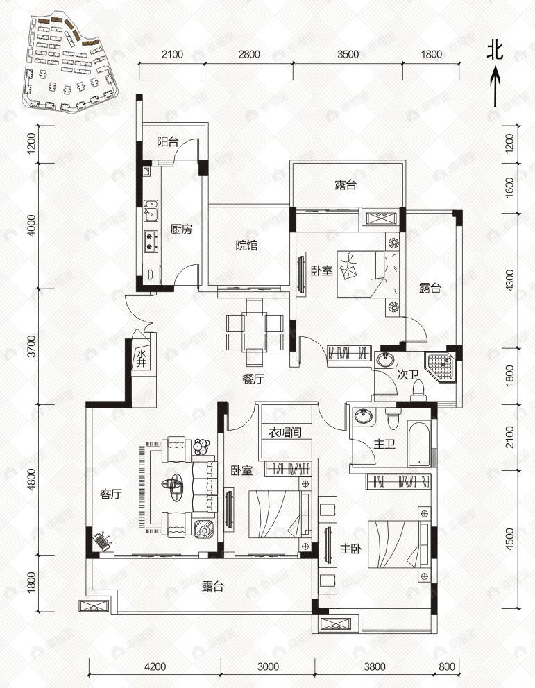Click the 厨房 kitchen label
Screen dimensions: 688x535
click(x=181, y=230)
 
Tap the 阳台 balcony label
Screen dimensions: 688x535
click(x=168, y=142)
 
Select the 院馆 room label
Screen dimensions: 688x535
click(x=246, y=245)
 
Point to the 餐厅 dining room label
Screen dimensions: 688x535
click(x=253, y=379)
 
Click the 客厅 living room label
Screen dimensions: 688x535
click(x=111, y=495)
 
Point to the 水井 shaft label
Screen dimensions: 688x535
click(x=141, y=358)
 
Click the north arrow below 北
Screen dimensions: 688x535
click(x=495, y=87)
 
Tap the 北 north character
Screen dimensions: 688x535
click(x=495, y=50)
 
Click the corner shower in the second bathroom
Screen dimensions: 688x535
click(x=441, y=365)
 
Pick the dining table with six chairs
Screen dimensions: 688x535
click(x=254, y=332)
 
